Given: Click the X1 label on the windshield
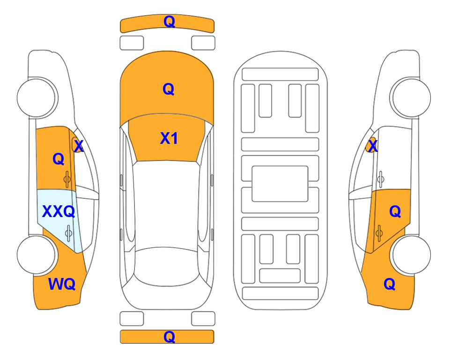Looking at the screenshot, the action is pyautogui.click(x=169, y=138).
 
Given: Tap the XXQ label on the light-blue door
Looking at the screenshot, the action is pyautogui.click(x=59, y=211).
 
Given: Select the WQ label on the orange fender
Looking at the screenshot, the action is pyautogui.click(x=62, y=284).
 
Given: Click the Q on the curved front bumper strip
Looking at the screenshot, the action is pyautogui.click(x=169, y=21).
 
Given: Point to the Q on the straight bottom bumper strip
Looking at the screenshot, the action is pyautogui.click(x=169, y=337).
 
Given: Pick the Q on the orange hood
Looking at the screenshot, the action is pyautogui.click(x=169, y=89).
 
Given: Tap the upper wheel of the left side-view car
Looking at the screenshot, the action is pyautogui.click(x=36, y=97).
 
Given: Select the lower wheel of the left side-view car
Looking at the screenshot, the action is pyautogui.click(x=36, y=255).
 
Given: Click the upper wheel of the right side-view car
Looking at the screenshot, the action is pyautogui.click(x=411, y=97).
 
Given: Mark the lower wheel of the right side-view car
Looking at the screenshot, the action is pyautogui.click(x=411, y=255).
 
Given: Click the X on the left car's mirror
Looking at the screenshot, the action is pyautogui.click(x=78, y=146).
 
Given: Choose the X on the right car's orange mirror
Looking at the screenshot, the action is pyautogui.click(x=373, y=146).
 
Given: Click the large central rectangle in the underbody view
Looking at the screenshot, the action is pyautogui.click(x=280, y=184).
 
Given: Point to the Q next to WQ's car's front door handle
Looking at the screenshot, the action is pyautogui.click(x=59, y=159).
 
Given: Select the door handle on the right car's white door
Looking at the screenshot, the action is pyautogui.click(x=381, y=179).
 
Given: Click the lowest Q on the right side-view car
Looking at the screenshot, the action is pyautogui.click(x=390, y=284).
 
